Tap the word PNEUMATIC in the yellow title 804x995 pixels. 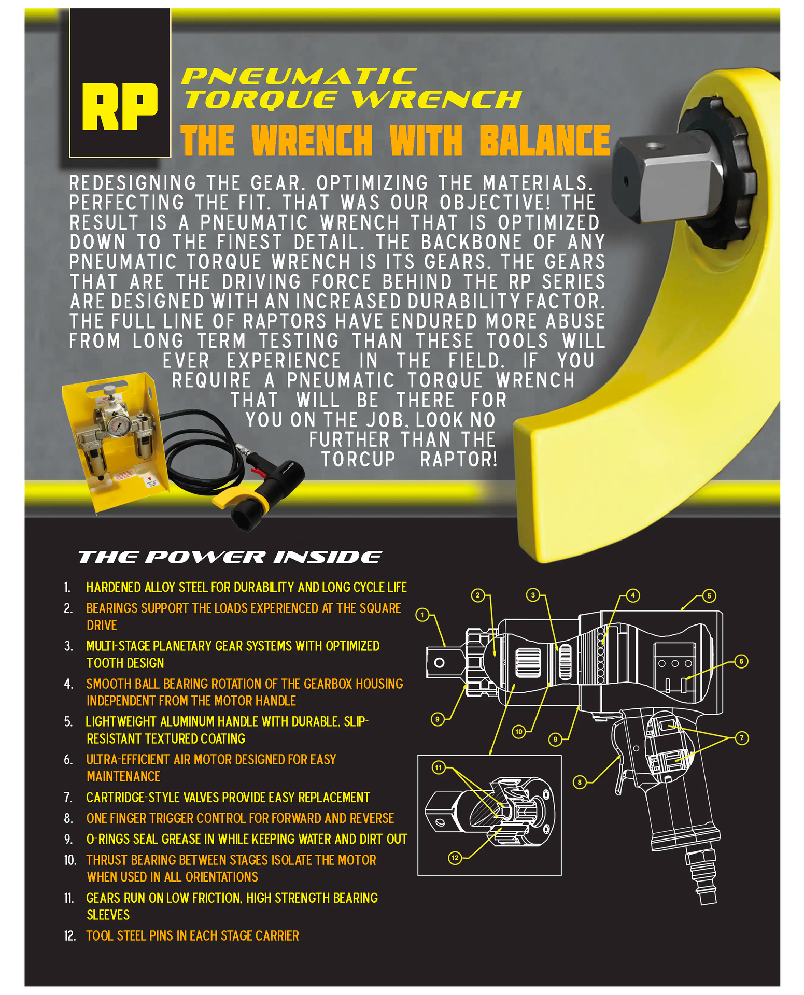click(299, 77)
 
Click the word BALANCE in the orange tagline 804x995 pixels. click(545, 140)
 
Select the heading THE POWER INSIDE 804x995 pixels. click(230, 557)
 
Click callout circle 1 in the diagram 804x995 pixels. click(422, 615)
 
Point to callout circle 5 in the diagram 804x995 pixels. click(709, 596)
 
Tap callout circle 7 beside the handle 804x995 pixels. click(742, 738)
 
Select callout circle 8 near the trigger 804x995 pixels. click(580, 782)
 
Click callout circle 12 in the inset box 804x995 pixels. click(455, 858)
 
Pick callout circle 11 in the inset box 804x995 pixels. click(439, 767)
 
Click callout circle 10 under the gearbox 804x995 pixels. click(519, 732)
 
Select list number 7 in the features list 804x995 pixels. click(68, 798)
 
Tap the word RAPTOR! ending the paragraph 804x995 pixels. click(459, 460)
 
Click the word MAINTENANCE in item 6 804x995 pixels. click(123, 777)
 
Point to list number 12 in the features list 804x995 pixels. click(70, 936)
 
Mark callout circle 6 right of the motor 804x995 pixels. click(741, 662)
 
